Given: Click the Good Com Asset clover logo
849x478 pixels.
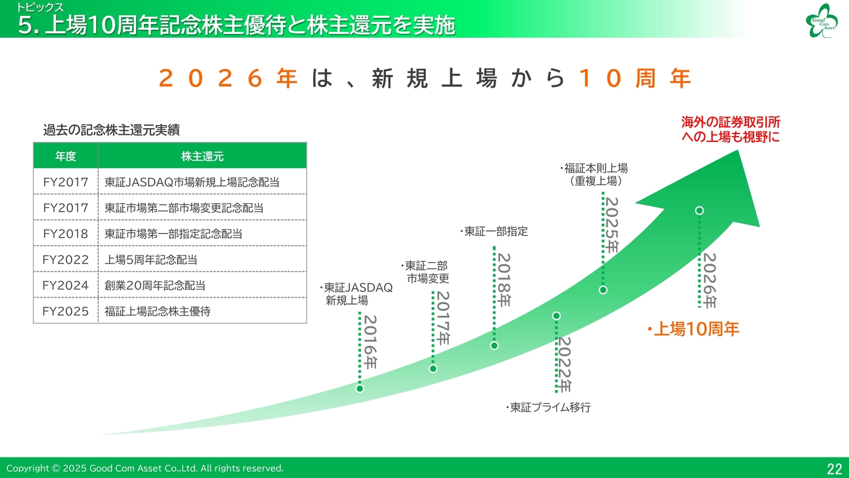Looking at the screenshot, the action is tap(822, 21).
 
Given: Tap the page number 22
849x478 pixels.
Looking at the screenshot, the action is tap(834, 469).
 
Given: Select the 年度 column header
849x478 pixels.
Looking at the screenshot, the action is tap(66, 156).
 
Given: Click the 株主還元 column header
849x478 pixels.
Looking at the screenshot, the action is tap(202, 156).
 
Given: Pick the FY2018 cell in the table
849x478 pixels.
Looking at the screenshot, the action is tap(66, 234).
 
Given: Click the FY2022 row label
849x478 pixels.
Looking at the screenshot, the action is tap(66, 260).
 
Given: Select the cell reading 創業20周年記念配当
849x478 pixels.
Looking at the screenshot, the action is tap(155, 285).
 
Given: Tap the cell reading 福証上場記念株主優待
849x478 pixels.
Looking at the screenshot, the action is tap(157, 311).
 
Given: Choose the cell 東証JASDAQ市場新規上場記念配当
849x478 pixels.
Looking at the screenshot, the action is tap(192, 182).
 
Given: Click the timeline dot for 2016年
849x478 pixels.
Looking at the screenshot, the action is tap(359, 388).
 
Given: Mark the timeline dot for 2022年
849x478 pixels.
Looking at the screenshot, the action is tap(556, 315).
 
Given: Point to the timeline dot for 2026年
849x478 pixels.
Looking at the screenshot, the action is tap(699, 210).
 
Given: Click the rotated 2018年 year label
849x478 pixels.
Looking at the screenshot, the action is tap(504, 280).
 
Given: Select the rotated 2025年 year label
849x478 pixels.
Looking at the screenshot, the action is tap(612, 225).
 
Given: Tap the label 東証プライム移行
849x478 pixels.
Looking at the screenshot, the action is tap(549, 408).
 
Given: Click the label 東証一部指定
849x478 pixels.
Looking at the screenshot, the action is tap(494, 231).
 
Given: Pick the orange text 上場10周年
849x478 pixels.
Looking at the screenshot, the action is tap(693, 329).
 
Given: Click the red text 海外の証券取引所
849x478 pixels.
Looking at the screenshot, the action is tap(730, 122).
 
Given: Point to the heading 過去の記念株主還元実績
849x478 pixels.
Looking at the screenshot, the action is tap(111, 129).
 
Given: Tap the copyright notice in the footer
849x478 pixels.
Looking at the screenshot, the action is tap(145, 468).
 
